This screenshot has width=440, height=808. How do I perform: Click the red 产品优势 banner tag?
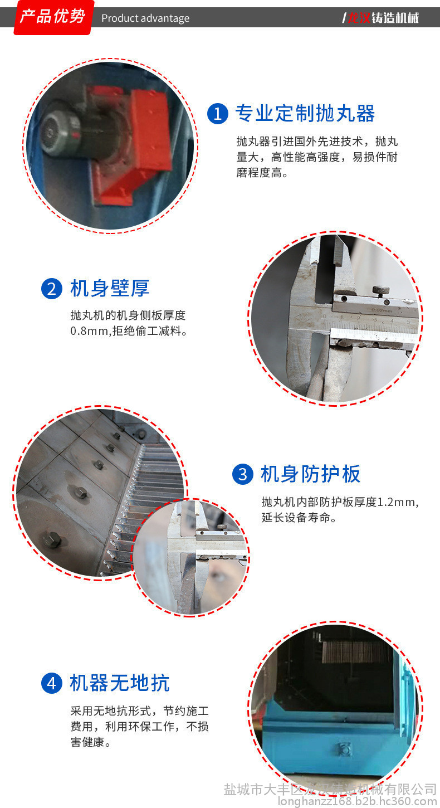click(x=53, y=17)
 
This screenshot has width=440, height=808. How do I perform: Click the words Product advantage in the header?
click(x=145, y=18)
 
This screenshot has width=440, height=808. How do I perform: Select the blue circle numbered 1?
click(x=217, y=114)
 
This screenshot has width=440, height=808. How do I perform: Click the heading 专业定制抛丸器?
click(x=305, y=114)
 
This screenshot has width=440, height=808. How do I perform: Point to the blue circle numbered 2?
click(x=52, y=289)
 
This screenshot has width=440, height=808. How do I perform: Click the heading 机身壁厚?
click(x=110, y=288)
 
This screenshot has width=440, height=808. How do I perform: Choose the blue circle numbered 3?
click(x=243, y=474)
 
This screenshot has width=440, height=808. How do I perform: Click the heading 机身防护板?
click(x=311, y=474)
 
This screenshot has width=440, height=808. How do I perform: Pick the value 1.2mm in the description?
click(x=396, y=502)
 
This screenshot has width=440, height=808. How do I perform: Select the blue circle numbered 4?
click(x=52, y=683)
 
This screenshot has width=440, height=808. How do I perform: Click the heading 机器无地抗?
click(x=119, y=683)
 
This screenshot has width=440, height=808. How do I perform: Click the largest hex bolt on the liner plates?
click(x=52, y=540)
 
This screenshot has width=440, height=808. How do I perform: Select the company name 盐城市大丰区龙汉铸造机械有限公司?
click(x=330, y=789)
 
